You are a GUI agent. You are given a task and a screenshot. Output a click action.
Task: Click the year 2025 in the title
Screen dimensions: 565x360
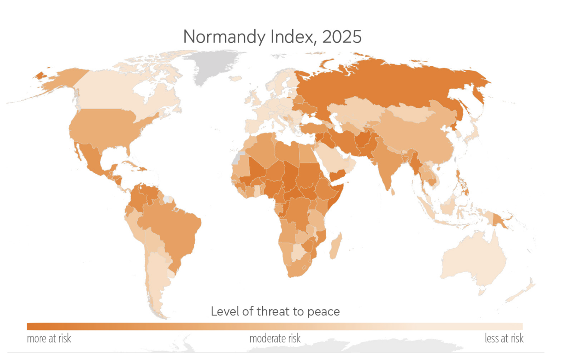(342, 37)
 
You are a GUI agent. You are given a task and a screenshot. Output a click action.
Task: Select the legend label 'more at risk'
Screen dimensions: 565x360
(49, 338)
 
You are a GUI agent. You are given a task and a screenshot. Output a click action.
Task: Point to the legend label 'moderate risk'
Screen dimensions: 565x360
(275, 338)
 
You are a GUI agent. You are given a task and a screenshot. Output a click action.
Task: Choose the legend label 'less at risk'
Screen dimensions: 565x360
(504, 338)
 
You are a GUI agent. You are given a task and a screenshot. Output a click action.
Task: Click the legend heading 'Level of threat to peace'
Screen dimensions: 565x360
(275, 311)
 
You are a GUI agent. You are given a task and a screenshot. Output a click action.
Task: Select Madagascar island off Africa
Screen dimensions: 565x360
(336, 246)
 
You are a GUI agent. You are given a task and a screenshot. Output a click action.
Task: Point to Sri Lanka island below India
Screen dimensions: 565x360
(393, 192)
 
